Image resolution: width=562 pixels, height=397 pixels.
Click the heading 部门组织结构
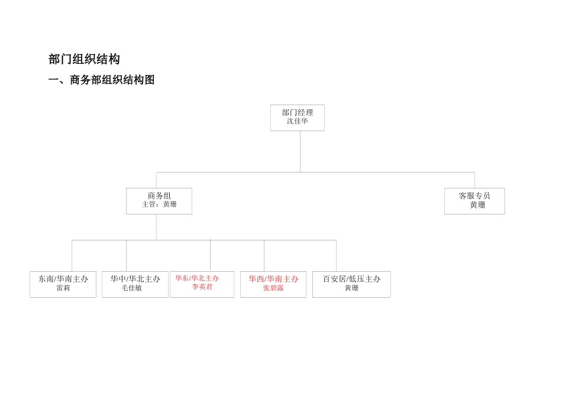point(84,60)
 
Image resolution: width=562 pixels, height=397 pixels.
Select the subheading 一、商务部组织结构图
point(101,80)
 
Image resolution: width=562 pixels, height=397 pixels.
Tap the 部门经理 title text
point(298,113)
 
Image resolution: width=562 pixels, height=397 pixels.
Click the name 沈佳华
point(298,121)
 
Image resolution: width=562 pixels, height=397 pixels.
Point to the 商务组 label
point(159,196)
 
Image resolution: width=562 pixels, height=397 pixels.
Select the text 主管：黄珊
point(159,204)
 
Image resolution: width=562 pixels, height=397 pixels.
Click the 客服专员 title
point(474,196)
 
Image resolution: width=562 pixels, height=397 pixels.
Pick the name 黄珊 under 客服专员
point(477,205)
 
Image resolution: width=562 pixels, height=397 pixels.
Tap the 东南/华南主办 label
point(63,279)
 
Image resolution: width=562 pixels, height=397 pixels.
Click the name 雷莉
point(63,288)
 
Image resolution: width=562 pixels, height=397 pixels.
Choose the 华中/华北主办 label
point(135,279)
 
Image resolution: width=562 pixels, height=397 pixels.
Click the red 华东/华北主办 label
point(197,278)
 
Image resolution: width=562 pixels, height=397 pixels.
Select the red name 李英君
point(202,287)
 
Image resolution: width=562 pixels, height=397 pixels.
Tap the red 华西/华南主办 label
point(273,279)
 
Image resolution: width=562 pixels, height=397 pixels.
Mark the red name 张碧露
point(273,288)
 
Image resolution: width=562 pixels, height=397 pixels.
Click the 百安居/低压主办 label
point(351,279)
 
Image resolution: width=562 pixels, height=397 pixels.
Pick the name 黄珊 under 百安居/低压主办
point(351,288)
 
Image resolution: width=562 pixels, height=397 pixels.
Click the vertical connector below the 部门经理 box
point(300,151)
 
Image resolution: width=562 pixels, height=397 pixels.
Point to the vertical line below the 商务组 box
point(156,227)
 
